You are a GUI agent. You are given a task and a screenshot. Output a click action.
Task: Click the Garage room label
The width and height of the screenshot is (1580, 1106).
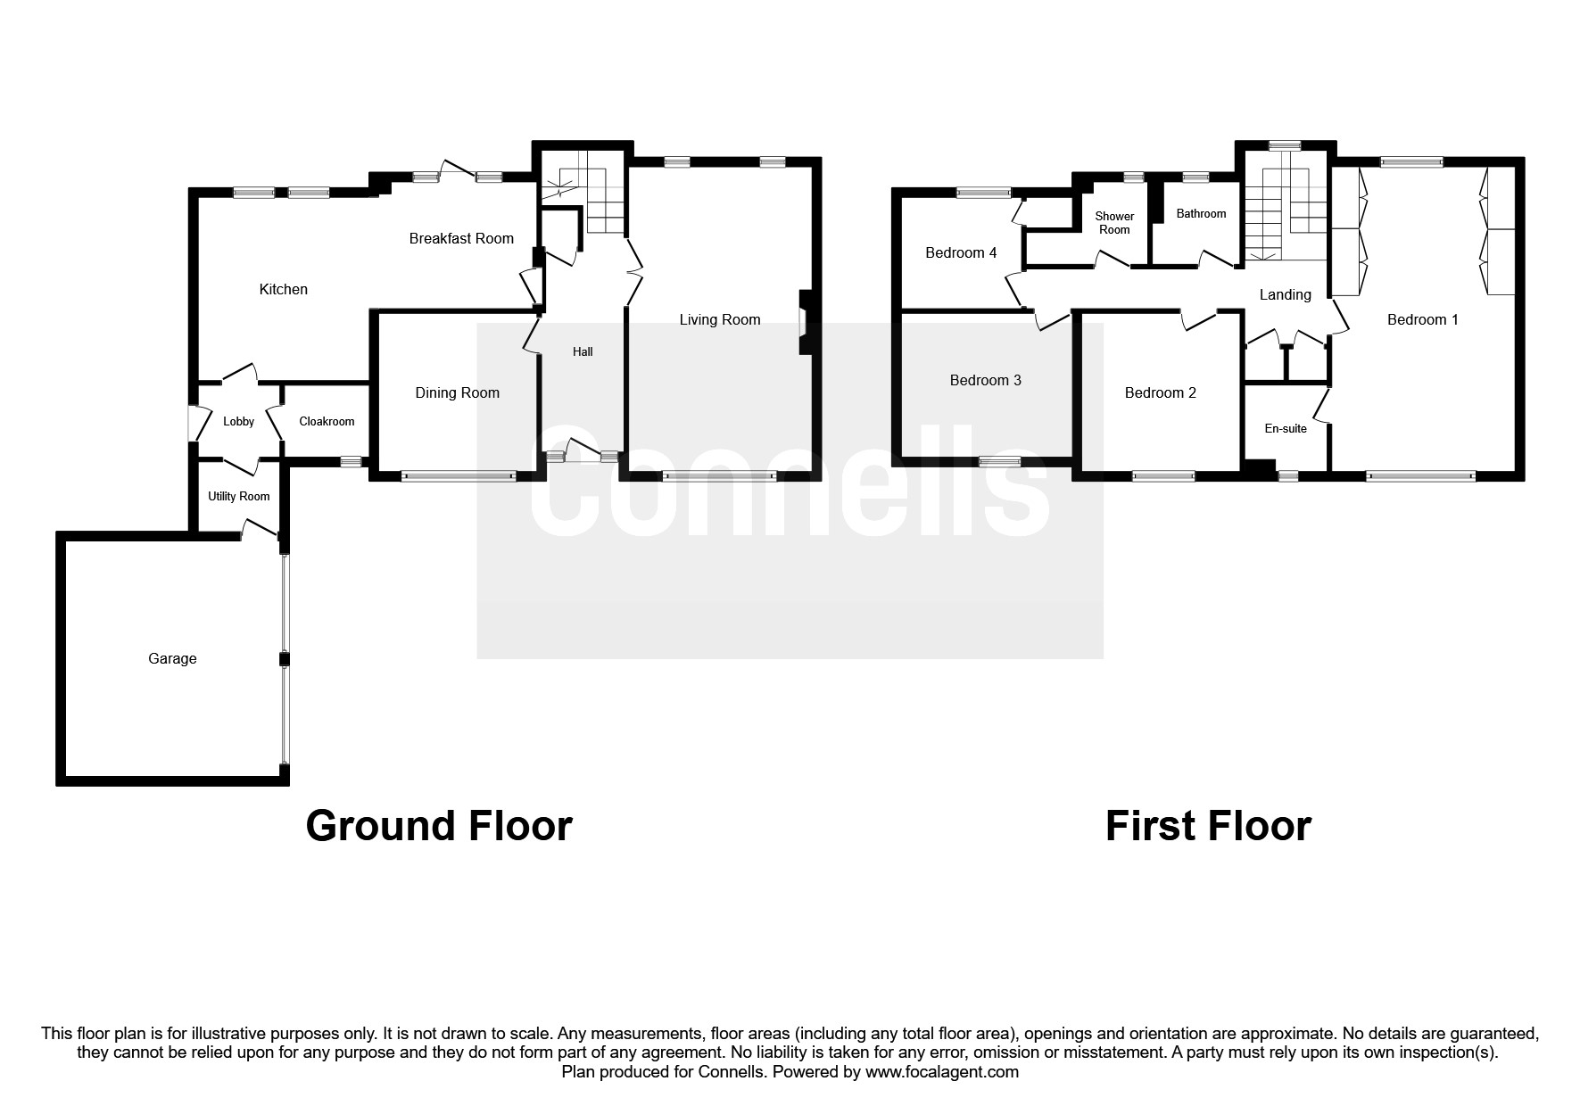click(x=172, y=658)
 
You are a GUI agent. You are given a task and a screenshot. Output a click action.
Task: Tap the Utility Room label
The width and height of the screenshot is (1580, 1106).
click(x=238, y=497)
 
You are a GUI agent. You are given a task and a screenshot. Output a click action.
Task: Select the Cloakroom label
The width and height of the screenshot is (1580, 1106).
click(x=327, y=422)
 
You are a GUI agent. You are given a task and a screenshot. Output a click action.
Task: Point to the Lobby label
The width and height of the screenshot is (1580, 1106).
click(x=238, y=422)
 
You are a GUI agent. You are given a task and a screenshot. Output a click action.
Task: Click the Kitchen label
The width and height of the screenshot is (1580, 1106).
click(x=283, y=289)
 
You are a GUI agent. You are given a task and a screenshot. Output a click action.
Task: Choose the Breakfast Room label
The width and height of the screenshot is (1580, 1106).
click(x=461, y=238)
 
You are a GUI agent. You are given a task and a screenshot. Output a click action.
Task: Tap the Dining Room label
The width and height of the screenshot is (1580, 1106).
click(x=457, y=392)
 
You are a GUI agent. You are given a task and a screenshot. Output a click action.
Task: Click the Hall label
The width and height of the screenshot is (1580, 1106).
click(x=583, y=351)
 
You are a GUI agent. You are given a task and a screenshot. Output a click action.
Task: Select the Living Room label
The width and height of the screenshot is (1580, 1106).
click(x=719, y=319)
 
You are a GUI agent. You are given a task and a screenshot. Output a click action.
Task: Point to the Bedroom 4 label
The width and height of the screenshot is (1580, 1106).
click(x=961, y=252)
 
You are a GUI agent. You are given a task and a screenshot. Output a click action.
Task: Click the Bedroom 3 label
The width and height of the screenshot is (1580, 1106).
click(x=985, y=380)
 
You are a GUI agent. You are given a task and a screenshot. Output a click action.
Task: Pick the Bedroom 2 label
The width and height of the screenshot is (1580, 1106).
click(x=1160, y=392)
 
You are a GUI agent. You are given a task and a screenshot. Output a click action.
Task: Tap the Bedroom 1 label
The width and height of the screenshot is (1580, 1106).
click(x=1422, y=319)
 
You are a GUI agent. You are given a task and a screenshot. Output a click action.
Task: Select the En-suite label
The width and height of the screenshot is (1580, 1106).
click(x=1286, y=429)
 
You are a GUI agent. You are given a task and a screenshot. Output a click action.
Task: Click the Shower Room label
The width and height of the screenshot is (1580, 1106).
click(x=1114, y=223)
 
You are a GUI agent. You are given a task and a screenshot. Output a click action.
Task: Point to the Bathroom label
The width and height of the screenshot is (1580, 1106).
click(x=1201, y=214)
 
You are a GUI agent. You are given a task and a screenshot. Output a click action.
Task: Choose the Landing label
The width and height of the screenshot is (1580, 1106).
click(x=1285, y=294)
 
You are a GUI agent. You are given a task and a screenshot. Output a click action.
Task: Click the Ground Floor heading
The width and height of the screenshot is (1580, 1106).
click(x=438, y=826)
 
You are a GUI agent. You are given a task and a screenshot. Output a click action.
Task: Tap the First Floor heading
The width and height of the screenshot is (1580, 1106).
click(x=1208, y=826)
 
